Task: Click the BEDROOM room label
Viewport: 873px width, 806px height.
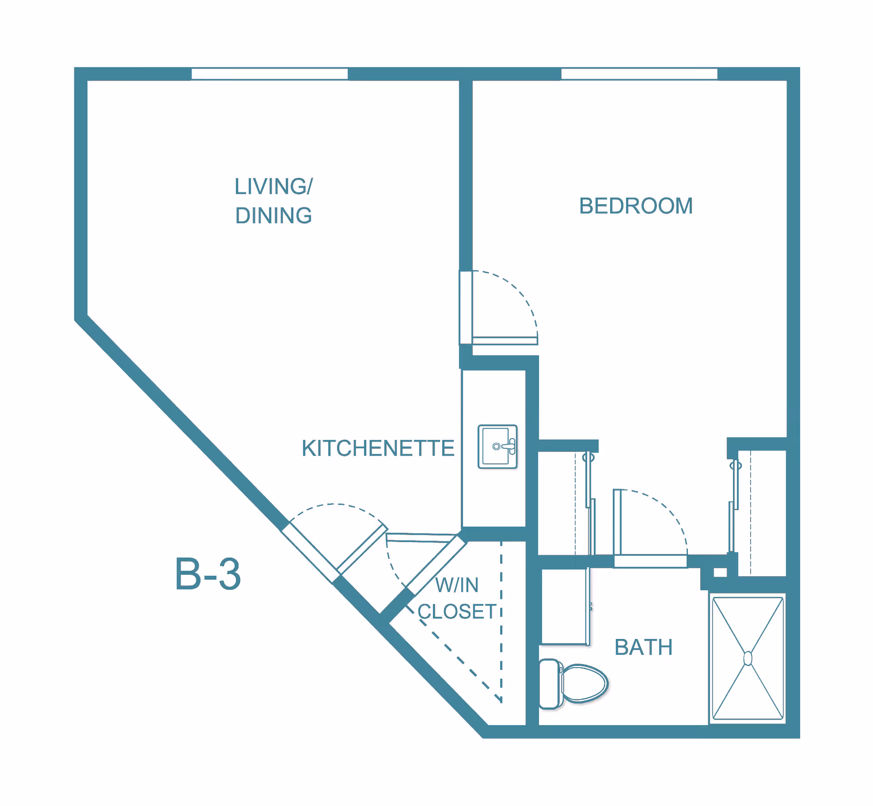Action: click(x=636, y=206)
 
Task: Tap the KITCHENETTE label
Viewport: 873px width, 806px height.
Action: click(x=378, y=448)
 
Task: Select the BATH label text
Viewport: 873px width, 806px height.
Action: click(x=643, y=647)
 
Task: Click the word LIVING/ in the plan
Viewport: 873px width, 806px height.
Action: click(x=274, y=187)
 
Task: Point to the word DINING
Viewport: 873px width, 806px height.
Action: click(x=274, y=216)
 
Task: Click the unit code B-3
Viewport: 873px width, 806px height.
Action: click(x=208, y=574)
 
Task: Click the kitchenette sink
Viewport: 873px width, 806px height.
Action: click(x=497, y=446)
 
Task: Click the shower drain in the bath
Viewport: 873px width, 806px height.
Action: click(x=748, y=659)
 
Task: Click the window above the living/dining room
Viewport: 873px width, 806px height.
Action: click(x=270, y=74)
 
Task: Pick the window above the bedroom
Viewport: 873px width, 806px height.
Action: click(x=639, y=74)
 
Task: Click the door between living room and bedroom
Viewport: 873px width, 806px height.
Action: click(x=505, y=341)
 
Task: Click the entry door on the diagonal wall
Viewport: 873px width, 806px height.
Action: click(x=310, y=553)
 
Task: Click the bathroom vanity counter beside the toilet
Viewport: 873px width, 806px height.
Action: click(x=564, y=606)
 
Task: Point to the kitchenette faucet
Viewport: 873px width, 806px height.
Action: click(x=509, y=446)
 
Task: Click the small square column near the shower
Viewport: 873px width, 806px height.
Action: click(x=720, y=573)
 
